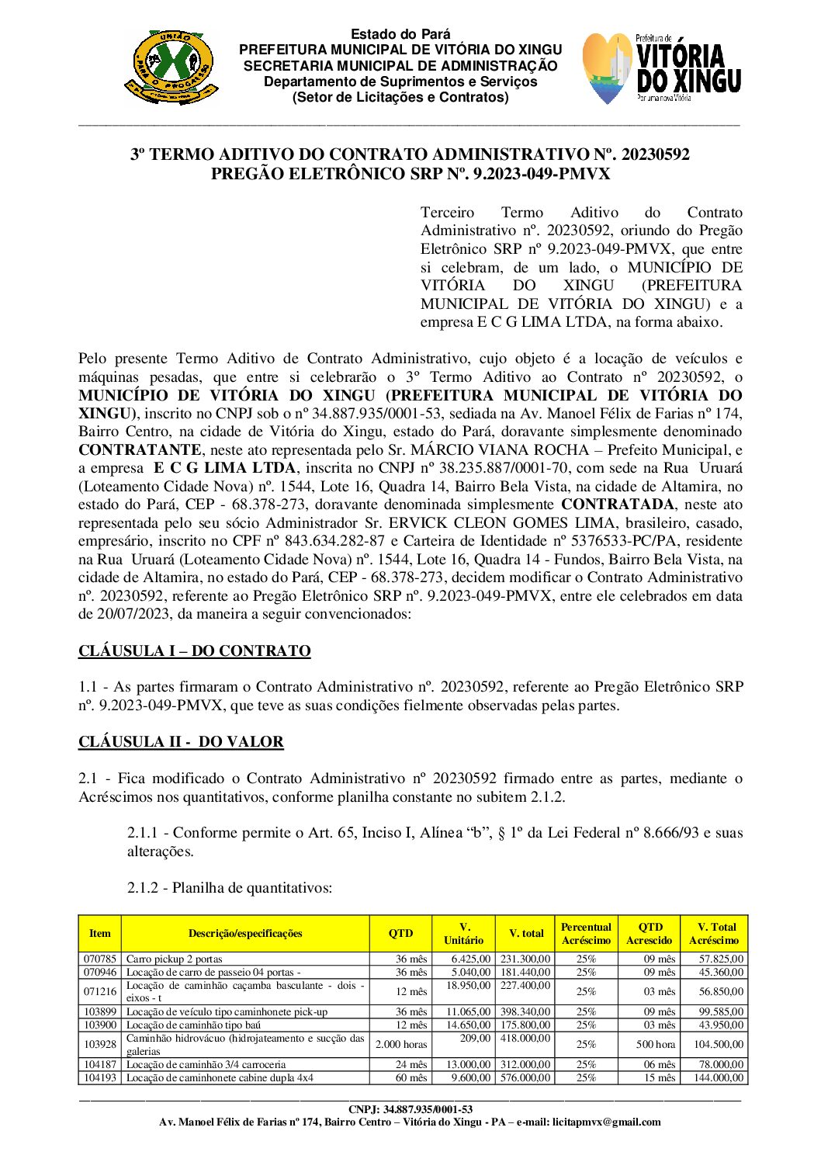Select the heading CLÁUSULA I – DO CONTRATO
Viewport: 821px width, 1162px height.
click(x=194, y=650)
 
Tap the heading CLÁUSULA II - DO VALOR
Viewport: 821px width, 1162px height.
click(x=181, y=741)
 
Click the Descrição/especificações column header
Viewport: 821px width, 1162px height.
click(x=245, y=933)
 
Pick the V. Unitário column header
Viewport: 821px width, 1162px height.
click(x=464, y=933)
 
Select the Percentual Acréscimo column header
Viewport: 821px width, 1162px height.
click(x=586, y=933)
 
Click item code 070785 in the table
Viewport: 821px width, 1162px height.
click(x=100, y=959)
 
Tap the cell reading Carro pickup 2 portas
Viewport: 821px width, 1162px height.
click(x=175, y=959)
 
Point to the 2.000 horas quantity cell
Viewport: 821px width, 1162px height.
click(x=401, y=1044)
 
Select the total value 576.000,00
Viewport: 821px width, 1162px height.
click(x=525, y=1077)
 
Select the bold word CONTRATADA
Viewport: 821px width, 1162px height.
click(x=618, y=505)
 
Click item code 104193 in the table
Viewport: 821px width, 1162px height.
click(x=100, y=1077)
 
